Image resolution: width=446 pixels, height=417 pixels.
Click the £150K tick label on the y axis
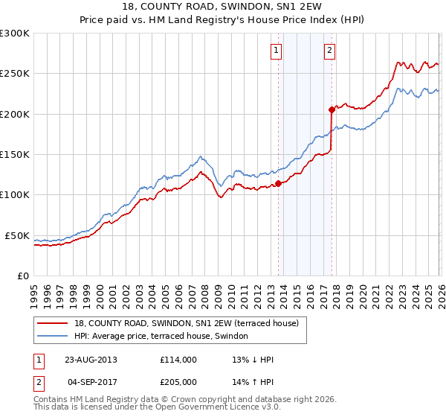click(x=14, y=154)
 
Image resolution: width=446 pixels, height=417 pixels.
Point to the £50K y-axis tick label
click(x=16, y=235)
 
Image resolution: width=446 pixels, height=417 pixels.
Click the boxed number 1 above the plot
click(x=276, y=51)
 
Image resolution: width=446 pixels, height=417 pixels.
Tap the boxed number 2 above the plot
click(x=329, y=51)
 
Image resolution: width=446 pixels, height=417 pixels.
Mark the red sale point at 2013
click(x=278, y=183)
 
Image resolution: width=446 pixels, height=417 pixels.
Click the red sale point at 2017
click(x=332, y=109)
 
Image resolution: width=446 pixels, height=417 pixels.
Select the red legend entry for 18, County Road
click(x=186, y=323)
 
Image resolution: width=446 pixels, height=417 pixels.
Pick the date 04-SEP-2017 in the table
click(x=90, y=381)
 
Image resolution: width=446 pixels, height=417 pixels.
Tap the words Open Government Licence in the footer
click(x=210, y=408)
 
